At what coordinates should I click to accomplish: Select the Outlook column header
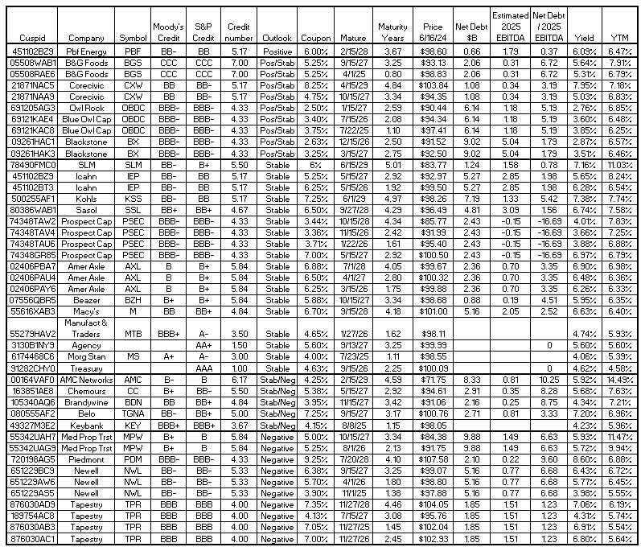tap(277, 38)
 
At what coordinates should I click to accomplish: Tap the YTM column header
tap(619, 38)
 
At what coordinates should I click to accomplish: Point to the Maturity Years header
tap(392, 32)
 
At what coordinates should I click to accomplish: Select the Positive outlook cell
tap(277, 50)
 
